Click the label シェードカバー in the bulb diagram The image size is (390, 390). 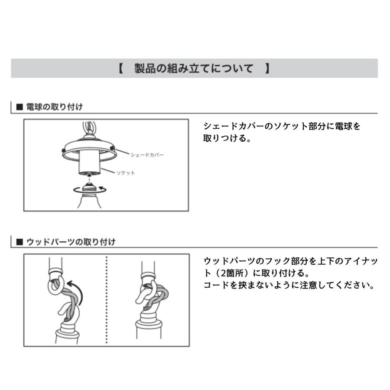point(147,155)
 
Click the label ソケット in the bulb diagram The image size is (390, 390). point(125,173)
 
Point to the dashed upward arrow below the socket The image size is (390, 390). point(88,178)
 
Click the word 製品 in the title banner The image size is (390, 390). point(142,68)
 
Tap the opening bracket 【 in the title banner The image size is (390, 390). point(120,68)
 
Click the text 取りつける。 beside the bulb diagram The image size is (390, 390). point(227,139)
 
